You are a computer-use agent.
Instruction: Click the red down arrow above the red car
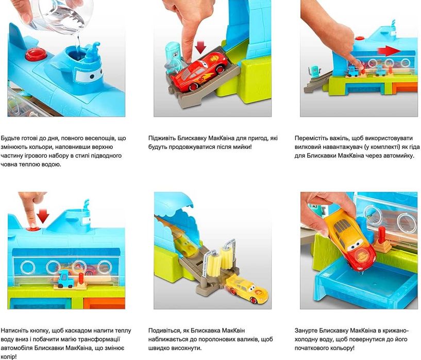pyautogui.click(x=201, y=48)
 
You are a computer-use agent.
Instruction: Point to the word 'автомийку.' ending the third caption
pyautogui.click(x=397, y=156)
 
